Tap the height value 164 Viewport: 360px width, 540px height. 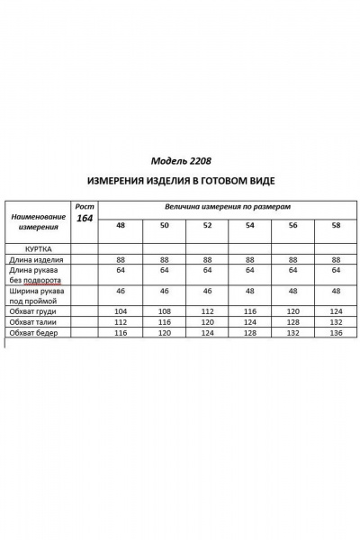(x=84, y=219)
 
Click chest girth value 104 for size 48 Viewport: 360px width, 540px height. (x=120, y=310)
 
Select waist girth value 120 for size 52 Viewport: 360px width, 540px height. (x=207, y=321)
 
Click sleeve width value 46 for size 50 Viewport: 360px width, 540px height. (x=164, y=292)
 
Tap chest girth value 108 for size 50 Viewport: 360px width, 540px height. (x=164, y=310)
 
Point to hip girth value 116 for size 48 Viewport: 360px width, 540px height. (x=120, y=333)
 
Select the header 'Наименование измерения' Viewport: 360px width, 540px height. (x=38, y=221)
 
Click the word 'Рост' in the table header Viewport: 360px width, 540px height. (x=84, y=206)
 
